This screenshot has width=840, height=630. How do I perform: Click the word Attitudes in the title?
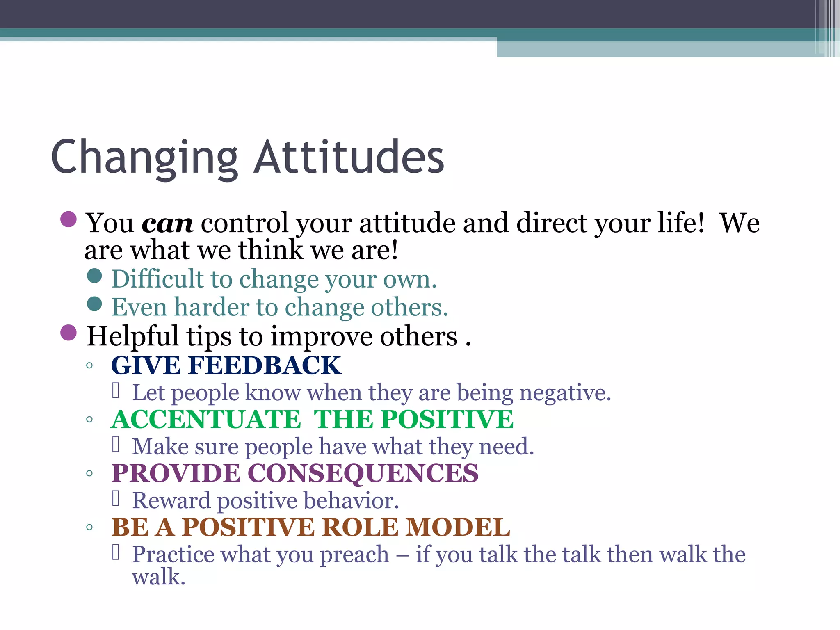click(349, 158)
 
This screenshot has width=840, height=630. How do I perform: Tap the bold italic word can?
click(167, 224)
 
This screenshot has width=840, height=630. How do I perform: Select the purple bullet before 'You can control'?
click(68, 219)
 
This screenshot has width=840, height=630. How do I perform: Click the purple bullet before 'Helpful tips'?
click(68, 332)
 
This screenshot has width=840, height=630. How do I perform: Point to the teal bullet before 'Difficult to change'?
click(94, 276)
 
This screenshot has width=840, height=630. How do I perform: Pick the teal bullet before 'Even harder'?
click(94, 304)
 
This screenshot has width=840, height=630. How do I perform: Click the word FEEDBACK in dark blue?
click(265, 365)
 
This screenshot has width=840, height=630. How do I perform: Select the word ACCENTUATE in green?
click(206, 420)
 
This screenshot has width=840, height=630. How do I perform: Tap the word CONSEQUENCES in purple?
click(363, 473)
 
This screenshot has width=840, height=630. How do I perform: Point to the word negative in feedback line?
click(565, 393)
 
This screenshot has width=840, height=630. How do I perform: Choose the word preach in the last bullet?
click(354, 555)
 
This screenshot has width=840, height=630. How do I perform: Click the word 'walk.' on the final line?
click(159, 577)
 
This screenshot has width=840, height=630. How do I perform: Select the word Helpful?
click(132, 336)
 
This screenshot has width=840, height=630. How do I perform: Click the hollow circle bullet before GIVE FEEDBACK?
click(89, 365)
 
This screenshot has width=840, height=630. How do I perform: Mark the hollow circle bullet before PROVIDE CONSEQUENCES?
click(89, 474)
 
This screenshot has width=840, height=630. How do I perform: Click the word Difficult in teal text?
click(157, 279)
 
